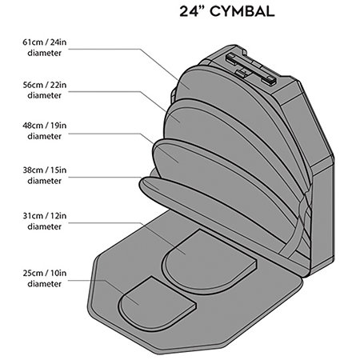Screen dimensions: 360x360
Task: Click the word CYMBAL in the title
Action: click(x=242, y=11)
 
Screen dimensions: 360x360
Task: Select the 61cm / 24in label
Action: click(x=45, y=42)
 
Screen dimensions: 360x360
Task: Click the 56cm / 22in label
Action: click(x=45, y=85)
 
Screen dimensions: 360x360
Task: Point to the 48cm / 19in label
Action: click(x=45, y=126)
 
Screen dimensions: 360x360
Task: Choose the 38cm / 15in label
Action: click(x=45, y=170)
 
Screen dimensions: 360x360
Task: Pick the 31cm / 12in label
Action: click(x=45, y=215)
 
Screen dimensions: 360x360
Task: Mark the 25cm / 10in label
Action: click(x=45, y=273)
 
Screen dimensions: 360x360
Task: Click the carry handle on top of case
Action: click(x=250, y=69)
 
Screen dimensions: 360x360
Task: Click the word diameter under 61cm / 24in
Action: click(x=45, y=53)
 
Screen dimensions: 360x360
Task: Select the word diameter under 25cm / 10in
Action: click(x=45, y=283)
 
